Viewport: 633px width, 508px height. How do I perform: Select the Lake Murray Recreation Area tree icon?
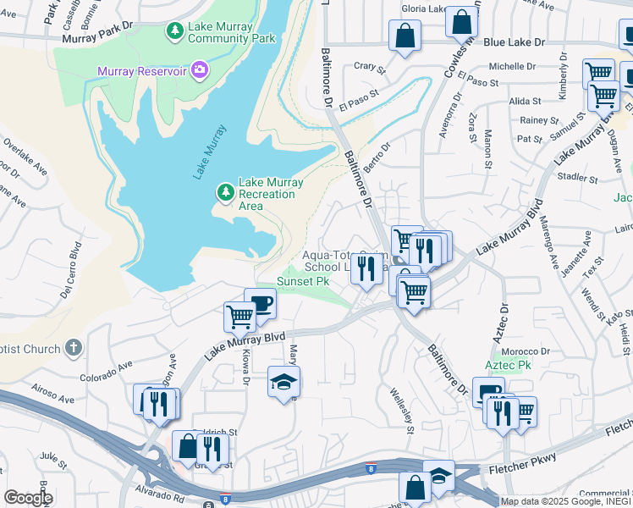coord(225,193)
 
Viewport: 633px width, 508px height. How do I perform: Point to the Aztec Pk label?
coord(508,364)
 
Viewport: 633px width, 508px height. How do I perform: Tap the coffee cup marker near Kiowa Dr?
coord(260,304)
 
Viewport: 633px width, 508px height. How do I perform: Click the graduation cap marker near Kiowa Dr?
coord(283,381)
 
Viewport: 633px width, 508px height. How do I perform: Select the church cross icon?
coord(74,348)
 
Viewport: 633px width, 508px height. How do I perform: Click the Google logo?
coord(28,497)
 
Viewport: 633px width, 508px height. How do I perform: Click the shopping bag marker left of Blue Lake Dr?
coord(405,36)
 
